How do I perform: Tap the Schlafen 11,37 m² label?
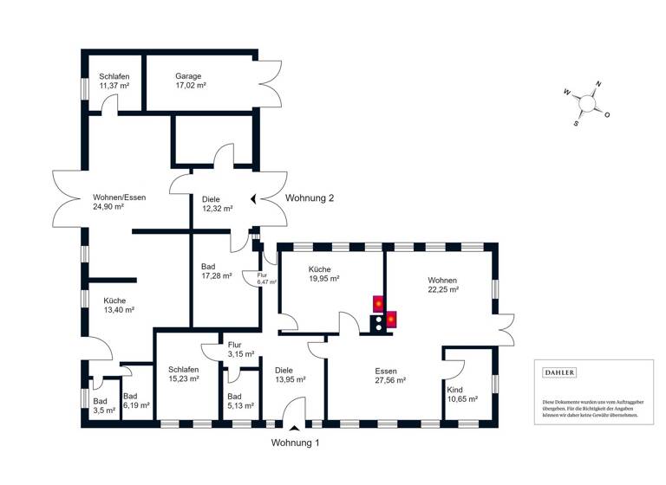pyautogui.click(x=114, y=81)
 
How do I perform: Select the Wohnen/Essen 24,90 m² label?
pyautogui.click(x=120, y=203)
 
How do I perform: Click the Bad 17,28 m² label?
pyautogui.click(x=216, y=272)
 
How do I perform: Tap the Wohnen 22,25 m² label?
pyautogui.click(x=442, y=285)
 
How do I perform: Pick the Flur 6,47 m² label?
pyautogui.click(x=261, y=279)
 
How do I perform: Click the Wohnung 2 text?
pyautogui.click(x=310, y=198)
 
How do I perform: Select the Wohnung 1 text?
pyautogui.click(x=296, y=443)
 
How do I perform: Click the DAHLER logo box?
pyautogui.click(x=558, y=372)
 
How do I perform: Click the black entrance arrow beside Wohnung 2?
pyautogui.click(x=253, y=198)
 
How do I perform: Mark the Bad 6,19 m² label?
pyautogui.click(x=136, y=399)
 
